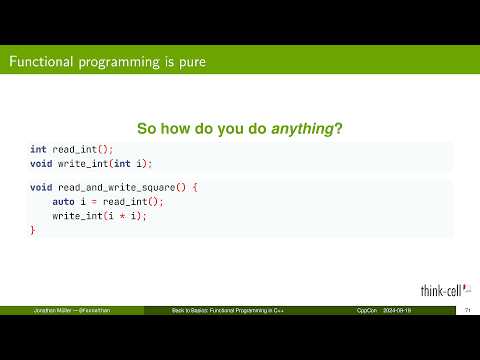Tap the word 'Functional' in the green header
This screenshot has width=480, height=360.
pyautogui.click(x=42, y=62)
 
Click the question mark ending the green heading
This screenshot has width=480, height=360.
pyautogui.click(x=342, y=128)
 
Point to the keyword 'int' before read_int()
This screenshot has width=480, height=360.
pyautogui.click(x=38, y=149)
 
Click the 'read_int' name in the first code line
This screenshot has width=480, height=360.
pyautogui.click(x=71, y=149)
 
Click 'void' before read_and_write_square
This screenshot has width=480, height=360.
pyautogui.click(x=41, y=187)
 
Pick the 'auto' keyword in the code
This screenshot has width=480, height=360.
pyautogui.click(x=64, y=201)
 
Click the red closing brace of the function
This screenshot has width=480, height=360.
pyautogui.click(x=32, y=230)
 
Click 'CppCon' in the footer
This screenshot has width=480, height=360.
pyautogui.click(x=366, y=313)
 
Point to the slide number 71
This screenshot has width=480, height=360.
pyautogui.click(x=467, y=313)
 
